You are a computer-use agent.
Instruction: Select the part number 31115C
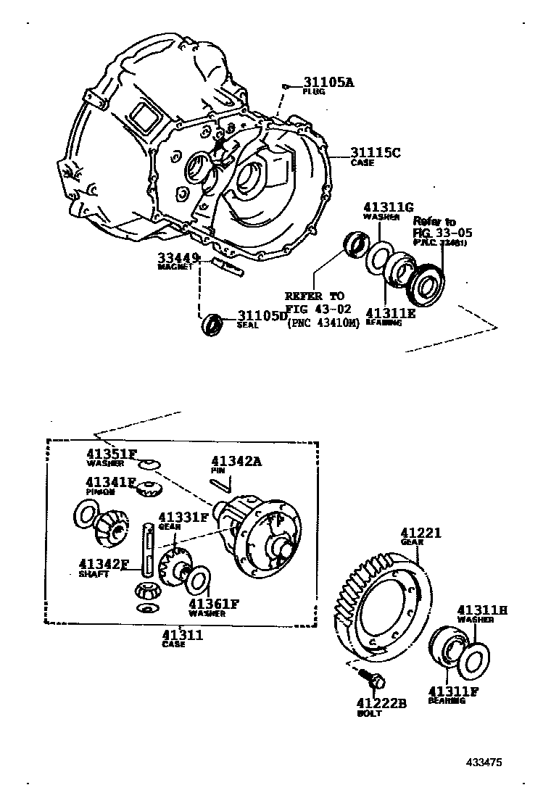click(376, 152)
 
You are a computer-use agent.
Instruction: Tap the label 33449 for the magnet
click(178, 257)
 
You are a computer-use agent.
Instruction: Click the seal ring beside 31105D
click(212, 323)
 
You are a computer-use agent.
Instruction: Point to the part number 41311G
click(388, 207)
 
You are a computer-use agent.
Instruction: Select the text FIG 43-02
click(318, 309)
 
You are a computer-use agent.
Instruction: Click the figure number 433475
click(484, 763)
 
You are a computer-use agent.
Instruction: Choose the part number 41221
click(421, 533)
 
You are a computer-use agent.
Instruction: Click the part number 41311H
click(481, 610)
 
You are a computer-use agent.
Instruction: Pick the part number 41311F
click(453, 691)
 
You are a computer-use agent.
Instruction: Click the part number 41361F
click(214, 603)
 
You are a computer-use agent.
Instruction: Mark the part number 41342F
click(104, 564)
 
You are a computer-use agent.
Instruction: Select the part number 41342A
click(236, 461)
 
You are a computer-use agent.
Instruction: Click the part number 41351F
click(111, 454)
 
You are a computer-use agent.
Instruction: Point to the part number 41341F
click(111, 481)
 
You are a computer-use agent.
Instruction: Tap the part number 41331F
click(183, 518)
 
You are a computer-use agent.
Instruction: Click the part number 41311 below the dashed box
click(182, 635)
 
